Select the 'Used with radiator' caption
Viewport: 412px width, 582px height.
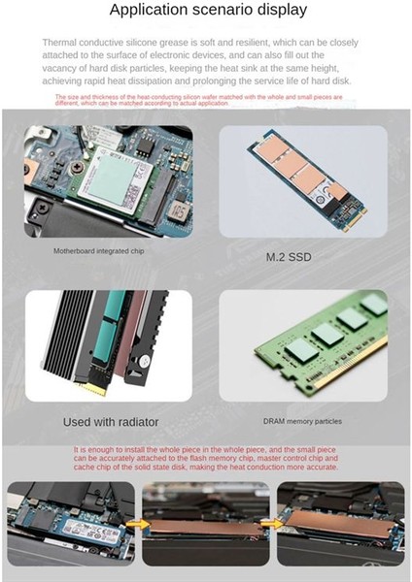click(x=111, y=422)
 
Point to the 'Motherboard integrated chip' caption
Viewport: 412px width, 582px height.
click(x=101, y=251)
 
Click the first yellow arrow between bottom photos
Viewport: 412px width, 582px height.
click(x=137, y=525)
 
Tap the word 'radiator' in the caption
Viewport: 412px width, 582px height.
click(x=139, y=422)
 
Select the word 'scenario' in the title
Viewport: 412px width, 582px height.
click(x=213, y=12)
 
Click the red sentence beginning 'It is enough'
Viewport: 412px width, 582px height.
click(x=207, y=459)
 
